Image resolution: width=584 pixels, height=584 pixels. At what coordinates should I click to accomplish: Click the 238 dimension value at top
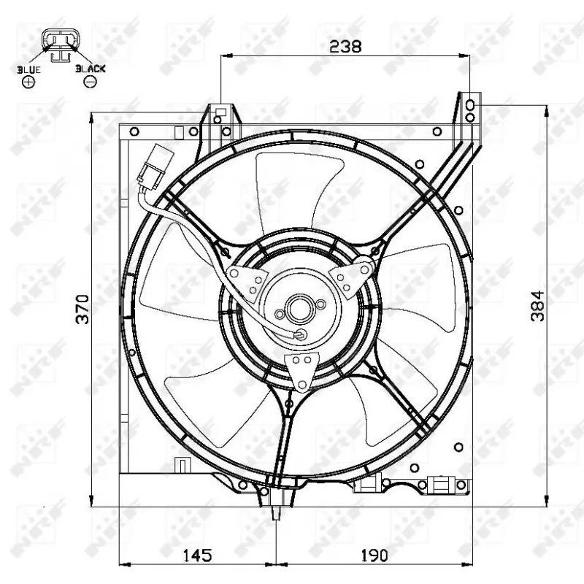click(x=345, y=46)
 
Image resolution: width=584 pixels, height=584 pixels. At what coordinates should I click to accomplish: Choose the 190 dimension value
click(x=373, y=556)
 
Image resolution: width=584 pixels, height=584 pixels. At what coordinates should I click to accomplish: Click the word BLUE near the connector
click(x=28, y=69)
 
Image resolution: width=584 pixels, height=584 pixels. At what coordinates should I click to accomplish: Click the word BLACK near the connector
click(x=91, y=69)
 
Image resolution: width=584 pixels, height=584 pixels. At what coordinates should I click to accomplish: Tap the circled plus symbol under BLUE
click(x=28, y=82)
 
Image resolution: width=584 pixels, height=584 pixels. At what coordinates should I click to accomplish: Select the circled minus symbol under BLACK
click(x=91, y=82)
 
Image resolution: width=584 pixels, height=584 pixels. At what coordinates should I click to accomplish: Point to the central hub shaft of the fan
click(x=299, y=308)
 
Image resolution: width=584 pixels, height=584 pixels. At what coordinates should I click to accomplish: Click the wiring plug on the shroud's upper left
click(x=154, y=166)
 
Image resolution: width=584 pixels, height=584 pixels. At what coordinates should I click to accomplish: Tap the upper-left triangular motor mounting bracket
click(x=247, y=280)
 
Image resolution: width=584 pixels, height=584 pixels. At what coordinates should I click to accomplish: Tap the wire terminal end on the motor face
click(x=300, y=335)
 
